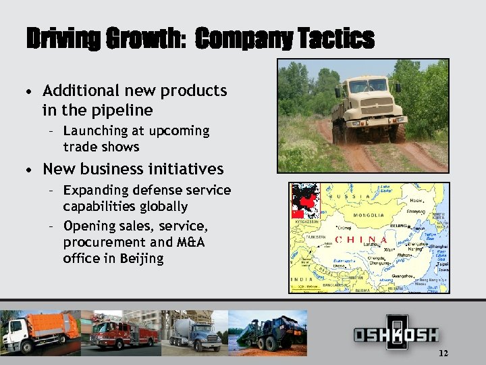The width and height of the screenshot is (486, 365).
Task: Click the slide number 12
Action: tap(443, 354)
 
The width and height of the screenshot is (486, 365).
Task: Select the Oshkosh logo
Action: tap(396, 333)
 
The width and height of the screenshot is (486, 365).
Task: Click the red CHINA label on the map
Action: tap(361, 239)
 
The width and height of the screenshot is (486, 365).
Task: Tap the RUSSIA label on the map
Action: tap(350, 197)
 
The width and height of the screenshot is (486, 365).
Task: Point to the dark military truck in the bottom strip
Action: tap(271, 331)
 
